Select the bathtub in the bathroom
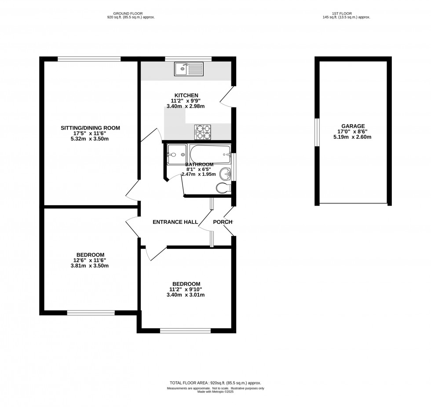[210, 154]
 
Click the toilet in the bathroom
[223, 189]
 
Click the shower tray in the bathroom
[177, 155]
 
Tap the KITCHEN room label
[186, 95]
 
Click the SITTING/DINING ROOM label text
[90, 128]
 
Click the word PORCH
[223, 222]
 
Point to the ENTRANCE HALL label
[175, 222]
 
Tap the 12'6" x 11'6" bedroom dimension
[90, 260]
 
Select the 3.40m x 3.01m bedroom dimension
[187, 295]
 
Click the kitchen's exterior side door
[227, 96]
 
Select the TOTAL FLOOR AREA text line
[215, 383]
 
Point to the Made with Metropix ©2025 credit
[215, 392]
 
